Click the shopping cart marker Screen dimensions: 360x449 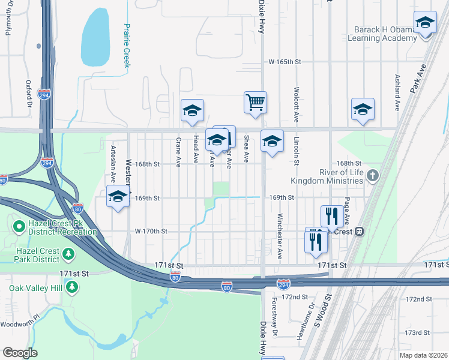click(x=255, y=103)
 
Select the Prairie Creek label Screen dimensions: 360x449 click(x=127, y=46)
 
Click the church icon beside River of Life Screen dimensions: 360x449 click(x=373, y=176)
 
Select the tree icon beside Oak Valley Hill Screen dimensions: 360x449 click(x=72, y=287)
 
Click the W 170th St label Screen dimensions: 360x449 click(x=151, y=231)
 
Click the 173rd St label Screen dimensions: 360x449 click(x=417, y=332)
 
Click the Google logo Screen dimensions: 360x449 click(x=19, y=353)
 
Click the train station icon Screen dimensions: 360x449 click(x=360, y=231)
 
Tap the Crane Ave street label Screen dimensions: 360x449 click(x=178, y=151)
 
